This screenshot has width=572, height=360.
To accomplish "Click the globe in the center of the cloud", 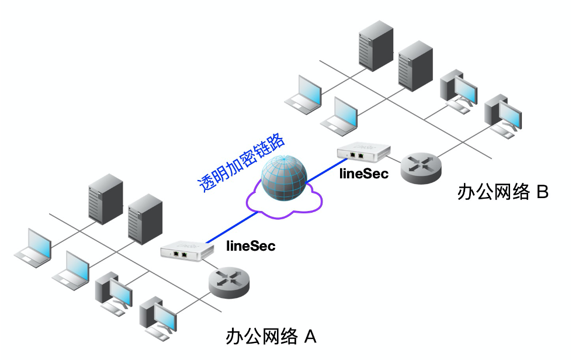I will [284, 178].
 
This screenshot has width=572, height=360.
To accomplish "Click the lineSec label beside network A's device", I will [251, 246].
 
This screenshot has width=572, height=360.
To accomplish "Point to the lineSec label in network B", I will [363, 174].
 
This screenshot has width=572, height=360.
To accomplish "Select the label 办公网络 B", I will [502, 192].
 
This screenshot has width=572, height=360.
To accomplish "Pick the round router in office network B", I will [421, 167].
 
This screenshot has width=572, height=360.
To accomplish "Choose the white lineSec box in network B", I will [362, 153].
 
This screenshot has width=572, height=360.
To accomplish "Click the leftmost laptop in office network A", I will [33, 248].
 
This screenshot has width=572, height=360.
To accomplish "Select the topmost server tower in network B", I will [375, 43].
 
